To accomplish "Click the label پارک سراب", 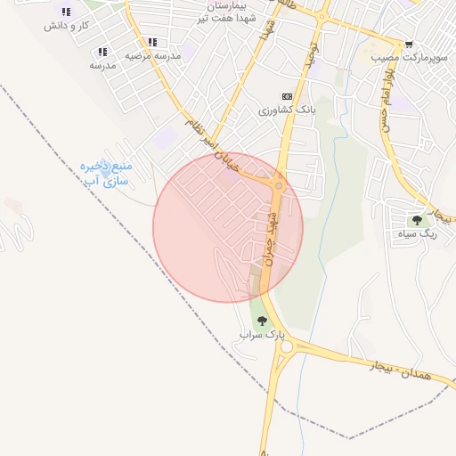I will click(x=262, y=335).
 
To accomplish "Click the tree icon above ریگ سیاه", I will click(x=416, y=220).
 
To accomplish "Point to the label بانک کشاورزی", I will click(x=287, y=110).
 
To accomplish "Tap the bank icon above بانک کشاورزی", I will click(x=287, y=96).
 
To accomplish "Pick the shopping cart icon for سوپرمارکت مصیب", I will click(x=409, y=45).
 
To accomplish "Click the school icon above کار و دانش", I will click(x=66, y=12).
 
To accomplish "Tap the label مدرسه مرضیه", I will click(x=152, y=56).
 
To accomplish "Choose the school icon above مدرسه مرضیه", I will click(x=153, y=42).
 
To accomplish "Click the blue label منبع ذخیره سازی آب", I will click(x=107, y=174).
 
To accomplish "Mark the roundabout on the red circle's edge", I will click(x=280, y=186).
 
